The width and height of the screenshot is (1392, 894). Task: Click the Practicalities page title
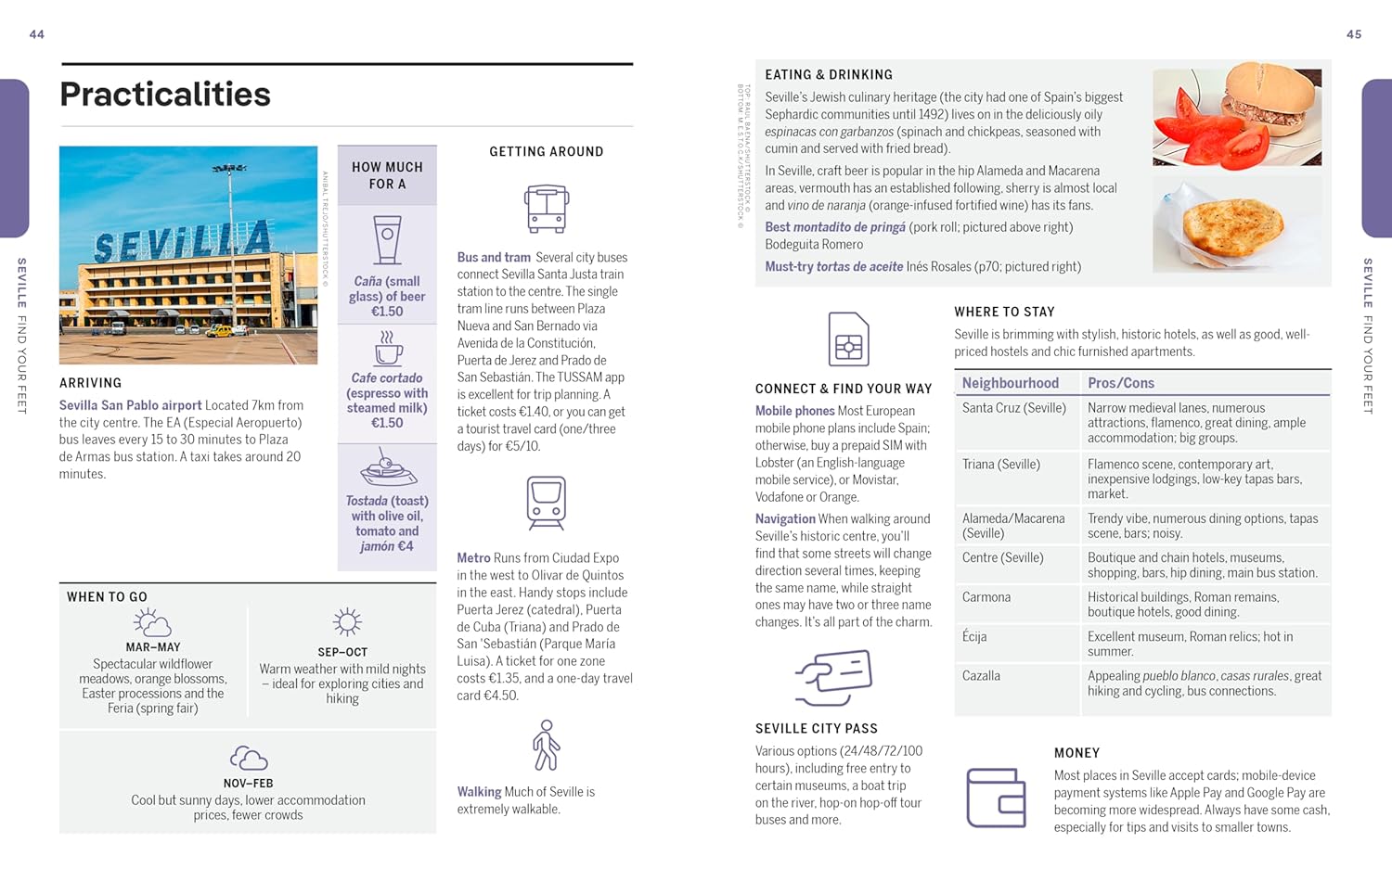[165, 95]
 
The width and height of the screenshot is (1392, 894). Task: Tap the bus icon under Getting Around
[546, 209]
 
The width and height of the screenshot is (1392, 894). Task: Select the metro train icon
[546, 503]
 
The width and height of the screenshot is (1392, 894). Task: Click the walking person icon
[546, 746]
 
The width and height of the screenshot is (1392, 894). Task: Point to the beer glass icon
[387, 240]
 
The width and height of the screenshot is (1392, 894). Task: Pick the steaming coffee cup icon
[387, 349]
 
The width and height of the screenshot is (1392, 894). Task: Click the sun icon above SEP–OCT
[346, 622]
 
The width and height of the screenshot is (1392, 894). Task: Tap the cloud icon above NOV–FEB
[248, 759]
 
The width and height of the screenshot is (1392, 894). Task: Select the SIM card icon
[848, 339]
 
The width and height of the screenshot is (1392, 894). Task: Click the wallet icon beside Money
[996, 798]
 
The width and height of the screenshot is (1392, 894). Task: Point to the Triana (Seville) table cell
[1001, 465]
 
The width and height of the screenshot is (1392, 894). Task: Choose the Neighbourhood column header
[1010, 383]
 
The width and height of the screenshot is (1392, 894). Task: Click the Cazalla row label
[981, 676]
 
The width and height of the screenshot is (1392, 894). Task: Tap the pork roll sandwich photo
[1237, 116]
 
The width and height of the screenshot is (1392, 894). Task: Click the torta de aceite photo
[1236, 224]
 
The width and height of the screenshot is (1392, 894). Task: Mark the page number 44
[37, 34]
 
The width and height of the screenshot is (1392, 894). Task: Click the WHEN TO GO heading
[107, 597]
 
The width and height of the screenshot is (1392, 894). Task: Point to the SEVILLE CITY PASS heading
[817, 729]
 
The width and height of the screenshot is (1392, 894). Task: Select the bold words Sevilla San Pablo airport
[130, 405]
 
